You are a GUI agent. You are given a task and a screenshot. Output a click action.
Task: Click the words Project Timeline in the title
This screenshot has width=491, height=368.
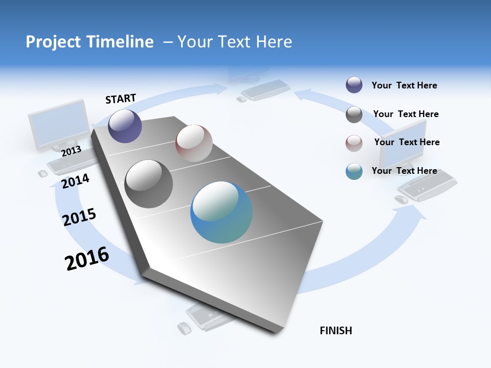coord(90,42)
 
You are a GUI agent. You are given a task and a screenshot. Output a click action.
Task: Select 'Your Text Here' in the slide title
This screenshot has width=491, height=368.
coord(234,42)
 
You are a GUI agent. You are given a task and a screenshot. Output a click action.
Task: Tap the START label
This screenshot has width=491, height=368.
coord(121,99)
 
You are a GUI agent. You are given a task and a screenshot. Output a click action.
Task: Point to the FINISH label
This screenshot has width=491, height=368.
coord(336,331)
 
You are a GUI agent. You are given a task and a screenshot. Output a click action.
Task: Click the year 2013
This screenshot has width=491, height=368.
coord(71,151)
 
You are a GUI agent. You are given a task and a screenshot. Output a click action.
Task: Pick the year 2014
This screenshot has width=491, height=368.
coord(76,181)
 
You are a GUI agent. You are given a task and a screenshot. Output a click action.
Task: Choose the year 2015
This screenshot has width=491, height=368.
coord(79,217)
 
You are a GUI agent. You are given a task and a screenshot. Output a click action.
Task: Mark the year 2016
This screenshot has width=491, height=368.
coord(87,259)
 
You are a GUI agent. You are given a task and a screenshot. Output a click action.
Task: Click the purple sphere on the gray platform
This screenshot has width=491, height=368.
coord(125,126)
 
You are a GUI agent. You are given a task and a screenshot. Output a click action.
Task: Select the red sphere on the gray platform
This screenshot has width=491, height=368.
coord(194,143)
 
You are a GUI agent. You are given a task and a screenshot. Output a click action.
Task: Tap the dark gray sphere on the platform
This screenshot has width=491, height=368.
coord(149,184)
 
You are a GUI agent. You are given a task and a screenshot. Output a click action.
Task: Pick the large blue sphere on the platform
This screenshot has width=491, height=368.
coord(221,212)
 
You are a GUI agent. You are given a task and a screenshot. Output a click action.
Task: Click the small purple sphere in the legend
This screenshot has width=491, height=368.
coord(354,85)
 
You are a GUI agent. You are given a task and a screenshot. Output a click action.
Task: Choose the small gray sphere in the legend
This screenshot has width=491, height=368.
coord(354,114)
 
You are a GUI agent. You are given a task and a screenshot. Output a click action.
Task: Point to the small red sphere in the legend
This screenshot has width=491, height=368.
coord(354,143)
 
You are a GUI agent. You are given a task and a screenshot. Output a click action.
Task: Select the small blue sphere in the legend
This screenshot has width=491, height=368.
coord(354,171)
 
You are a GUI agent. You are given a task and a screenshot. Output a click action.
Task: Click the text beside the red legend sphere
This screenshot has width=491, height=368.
coord(407,142)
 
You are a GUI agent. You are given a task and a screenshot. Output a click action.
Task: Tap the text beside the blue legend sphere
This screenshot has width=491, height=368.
coord(405,171)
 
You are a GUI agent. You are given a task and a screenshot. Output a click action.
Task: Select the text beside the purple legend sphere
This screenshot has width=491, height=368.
coord(405,85)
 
